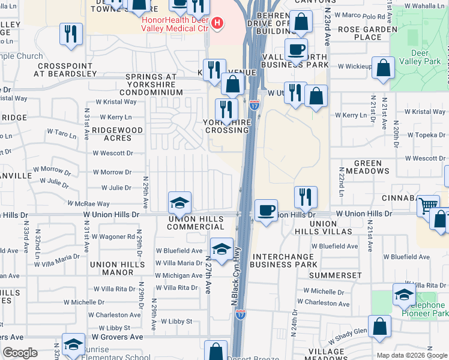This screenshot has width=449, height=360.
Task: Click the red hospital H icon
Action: click(217, 24)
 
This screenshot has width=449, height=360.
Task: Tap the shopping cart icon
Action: click(428, 206)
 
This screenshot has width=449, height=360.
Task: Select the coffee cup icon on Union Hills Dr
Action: click(266, 211)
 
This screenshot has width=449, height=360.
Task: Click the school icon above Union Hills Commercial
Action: click(179, 203)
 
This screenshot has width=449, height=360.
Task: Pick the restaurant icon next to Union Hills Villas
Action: click(306, 196)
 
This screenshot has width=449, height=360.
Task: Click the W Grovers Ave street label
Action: click(117, 337)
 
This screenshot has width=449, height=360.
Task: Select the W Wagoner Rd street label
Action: click(113, 237)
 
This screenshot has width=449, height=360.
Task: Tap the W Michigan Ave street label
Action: click(179, 275)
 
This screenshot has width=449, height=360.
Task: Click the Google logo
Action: click(20, 352)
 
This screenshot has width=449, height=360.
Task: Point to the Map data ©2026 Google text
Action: click(411, 355)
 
